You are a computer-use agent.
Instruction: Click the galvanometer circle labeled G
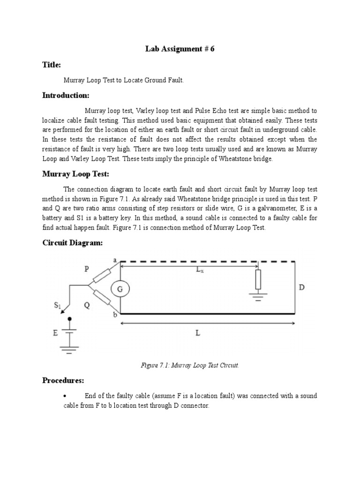pos(120,290)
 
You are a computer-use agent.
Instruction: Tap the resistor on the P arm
pos(101,276)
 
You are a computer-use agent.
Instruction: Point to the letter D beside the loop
pos(302,287)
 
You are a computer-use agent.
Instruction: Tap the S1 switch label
pos(58,307)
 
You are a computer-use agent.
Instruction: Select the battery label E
pos(56,334)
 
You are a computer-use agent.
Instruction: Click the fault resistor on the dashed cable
pos(258,279)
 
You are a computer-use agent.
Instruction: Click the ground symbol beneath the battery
pos(70,349)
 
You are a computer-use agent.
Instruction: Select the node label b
pos(115,315)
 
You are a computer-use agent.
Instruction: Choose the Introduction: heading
pos(66,95)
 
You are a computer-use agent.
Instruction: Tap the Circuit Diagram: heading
pos(72,242)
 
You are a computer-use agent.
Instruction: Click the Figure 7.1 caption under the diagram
pos(190,365)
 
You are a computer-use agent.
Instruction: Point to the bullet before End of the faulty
pos(64,397)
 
